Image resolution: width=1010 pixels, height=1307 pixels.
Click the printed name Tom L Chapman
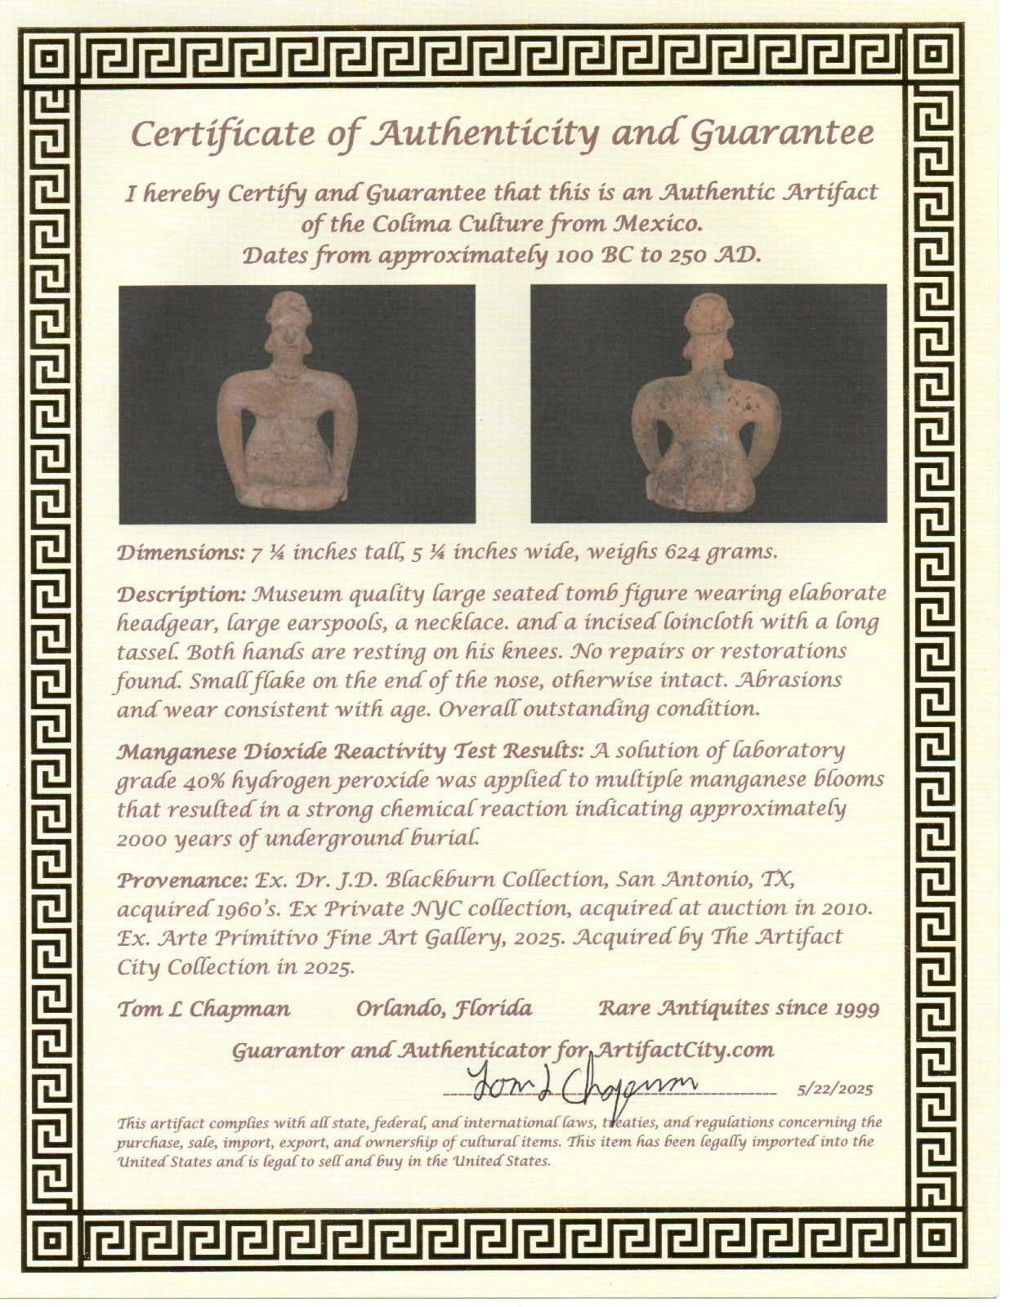tap(203, 1010)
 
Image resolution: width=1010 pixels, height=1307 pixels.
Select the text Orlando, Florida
tap(444, 1010)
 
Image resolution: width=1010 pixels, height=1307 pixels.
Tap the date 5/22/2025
tap(833, 1089)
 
